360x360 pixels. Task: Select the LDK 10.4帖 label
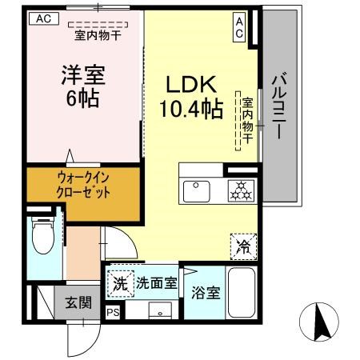[x=193, y=96]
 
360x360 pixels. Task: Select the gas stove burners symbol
[x=239, y=191]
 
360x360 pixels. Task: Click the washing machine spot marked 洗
[x=120, y=282]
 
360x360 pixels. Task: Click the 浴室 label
[x=206, y=293]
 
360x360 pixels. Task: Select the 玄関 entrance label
[x=78, y=302]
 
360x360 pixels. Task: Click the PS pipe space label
[x=113, y=312]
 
